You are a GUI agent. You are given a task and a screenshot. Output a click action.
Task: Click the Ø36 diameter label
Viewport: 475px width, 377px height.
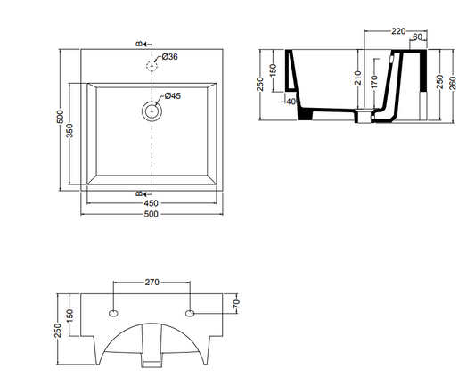pyautogui.click(x=169, y=57)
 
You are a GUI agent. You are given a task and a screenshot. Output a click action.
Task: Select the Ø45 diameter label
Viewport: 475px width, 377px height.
pyautogui.click(x=173, y=95)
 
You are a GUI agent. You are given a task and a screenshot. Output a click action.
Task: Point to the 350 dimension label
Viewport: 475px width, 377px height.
pyautogui.click(x=70, y=131)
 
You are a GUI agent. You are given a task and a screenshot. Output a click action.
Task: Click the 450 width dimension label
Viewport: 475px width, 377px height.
pyautogui.click(x=152, y=203)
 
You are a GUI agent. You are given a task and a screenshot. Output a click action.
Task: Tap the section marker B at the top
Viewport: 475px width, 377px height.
pyautogui.click(x=139, y=44)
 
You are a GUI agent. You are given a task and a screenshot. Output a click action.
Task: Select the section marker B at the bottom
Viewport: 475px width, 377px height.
pyautogui.click(x=139, y=193)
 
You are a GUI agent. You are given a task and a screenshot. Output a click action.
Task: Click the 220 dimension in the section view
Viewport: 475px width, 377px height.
pyautogui.click(x=398, y=31)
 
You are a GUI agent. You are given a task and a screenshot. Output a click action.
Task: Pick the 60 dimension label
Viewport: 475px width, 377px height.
pyautogui.click(x=417, y=37)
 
